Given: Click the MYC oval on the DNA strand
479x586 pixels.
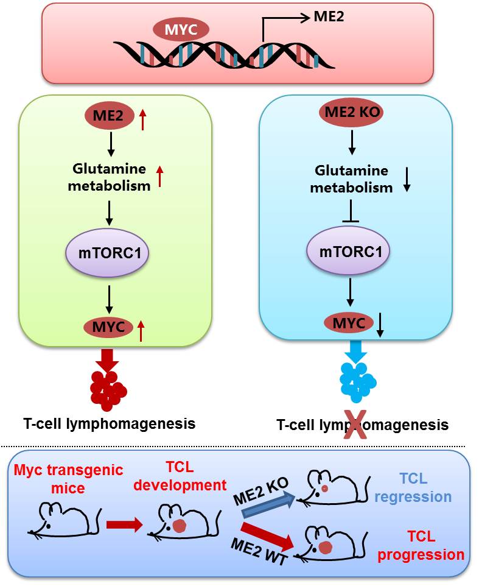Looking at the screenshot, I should click(181, 29).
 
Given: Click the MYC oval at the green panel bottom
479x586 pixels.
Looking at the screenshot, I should click(108, 327).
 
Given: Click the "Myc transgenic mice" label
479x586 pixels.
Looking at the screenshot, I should click(68, 478).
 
